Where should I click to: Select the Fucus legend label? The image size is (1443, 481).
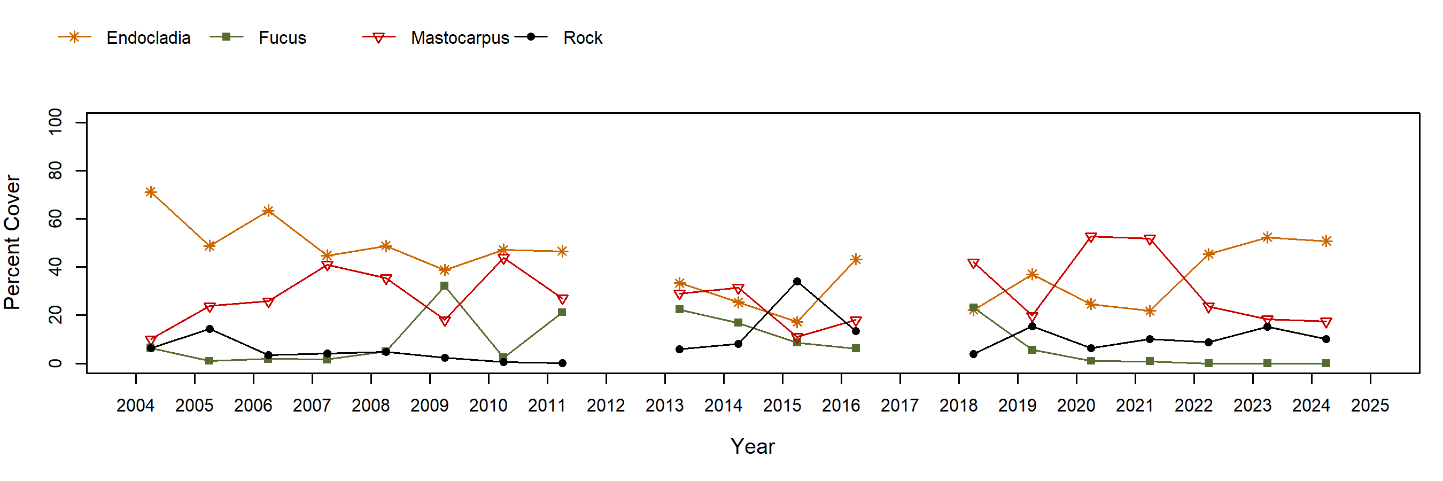[x=282, y=38]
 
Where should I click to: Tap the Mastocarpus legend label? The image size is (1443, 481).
[x=459, y=38]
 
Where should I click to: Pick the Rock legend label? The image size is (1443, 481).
[x=583, y=38]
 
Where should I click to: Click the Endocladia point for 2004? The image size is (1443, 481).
[x=151, y=192]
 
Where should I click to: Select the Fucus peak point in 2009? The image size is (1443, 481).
[x=445, y=286]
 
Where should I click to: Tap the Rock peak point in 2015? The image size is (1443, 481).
[x=797, y=282]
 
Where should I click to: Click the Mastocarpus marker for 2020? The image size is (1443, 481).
[x=1091, y=237]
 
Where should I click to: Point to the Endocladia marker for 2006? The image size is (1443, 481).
[x=268, y=211]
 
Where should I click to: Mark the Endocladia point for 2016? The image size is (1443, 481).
[x=856, y=259]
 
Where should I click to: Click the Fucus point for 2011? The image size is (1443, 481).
[x=562, y=313]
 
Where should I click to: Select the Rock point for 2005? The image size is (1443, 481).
[x=210, y=329]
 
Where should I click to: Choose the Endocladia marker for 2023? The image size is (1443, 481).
[x=1267, y=237]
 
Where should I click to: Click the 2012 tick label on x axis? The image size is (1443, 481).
[x=606, y=406]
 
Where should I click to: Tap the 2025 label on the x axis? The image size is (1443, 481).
[x=1370, y=406]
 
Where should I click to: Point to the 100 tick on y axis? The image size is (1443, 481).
[x=56, y=121]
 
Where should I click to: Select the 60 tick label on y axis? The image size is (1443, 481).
[x=56, y=219]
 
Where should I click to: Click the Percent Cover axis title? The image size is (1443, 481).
[x=12, y=242]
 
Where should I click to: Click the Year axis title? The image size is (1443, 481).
[x=752, y=446]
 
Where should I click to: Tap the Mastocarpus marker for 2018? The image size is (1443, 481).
[x=974, y=263]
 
